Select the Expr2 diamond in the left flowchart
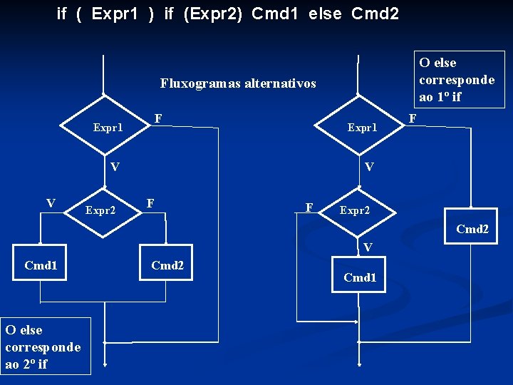pos(102,210)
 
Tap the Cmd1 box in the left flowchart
pos(41,266)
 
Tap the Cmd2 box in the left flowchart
pos(167,266)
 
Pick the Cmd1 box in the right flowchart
pos(360,277)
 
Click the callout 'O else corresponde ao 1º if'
pos(457,79)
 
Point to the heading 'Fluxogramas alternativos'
pos(238,83)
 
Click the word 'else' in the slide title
pos(326,13)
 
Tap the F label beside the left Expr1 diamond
pos(158,117)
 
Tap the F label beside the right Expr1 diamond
pos(411,117)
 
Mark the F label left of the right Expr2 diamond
pos(309,207)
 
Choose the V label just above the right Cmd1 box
pos(367,247)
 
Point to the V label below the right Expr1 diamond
pos(369,167)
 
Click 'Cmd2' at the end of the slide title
pos(375,13)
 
